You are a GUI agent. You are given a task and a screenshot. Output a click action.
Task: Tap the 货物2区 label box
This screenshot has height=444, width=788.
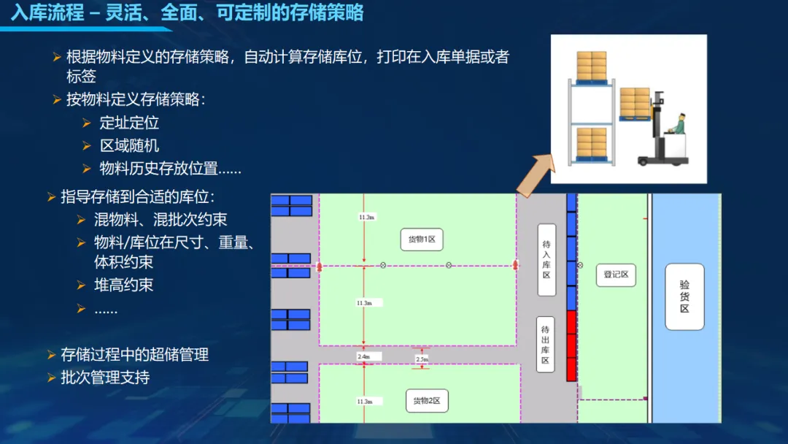(427, 400)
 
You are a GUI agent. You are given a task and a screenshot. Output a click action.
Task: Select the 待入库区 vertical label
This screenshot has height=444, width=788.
(546, 259)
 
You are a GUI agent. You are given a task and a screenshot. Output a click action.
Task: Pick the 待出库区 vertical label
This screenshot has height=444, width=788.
(546, 345)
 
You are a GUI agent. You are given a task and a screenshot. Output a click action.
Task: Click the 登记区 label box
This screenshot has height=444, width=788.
(616, 275)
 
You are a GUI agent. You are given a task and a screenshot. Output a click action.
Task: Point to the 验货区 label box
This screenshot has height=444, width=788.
(684, 296)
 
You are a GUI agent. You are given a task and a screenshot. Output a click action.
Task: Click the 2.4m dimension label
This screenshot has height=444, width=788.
(364, 356)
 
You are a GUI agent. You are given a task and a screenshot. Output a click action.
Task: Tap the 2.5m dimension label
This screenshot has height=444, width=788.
(422, 359)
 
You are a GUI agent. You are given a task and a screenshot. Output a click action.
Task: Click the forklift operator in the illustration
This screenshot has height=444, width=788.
(679, 126)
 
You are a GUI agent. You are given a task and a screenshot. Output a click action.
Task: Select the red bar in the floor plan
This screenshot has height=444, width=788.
(571, 345)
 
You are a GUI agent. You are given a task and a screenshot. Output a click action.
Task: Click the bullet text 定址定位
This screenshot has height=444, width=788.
(129, 123)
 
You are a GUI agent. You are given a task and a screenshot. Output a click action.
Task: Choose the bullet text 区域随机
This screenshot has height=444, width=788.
(129, 145)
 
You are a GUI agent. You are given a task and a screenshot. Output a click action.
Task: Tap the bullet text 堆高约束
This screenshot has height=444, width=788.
(123, 285)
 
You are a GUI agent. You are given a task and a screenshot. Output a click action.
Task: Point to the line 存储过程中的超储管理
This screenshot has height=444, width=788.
(135, 354)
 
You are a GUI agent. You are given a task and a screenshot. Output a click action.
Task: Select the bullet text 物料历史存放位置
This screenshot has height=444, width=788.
(170, 168)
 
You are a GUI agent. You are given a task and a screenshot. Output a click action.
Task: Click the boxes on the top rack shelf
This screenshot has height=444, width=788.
(591, 66)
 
